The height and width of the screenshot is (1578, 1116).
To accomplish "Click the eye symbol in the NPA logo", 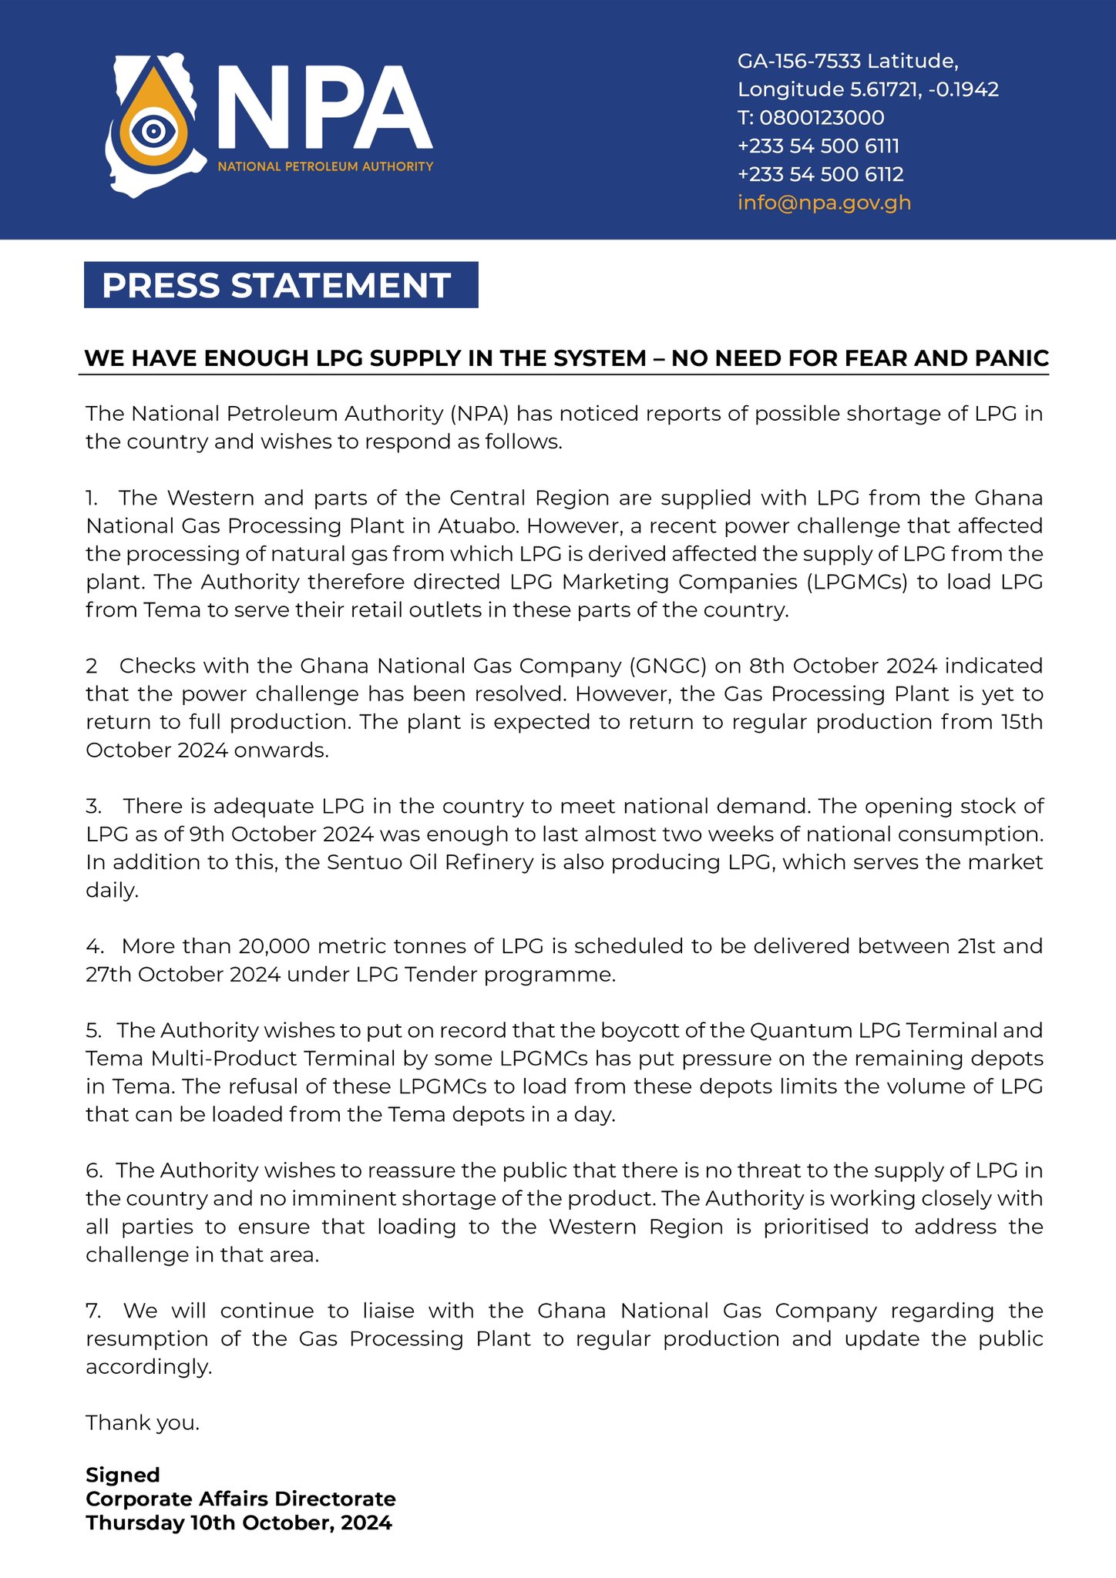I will coord(153,130).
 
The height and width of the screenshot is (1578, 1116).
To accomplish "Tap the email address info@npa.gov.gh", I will coord(824,203).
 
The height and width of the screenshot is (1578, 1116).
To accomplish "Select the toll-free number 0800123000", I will coord(822,118).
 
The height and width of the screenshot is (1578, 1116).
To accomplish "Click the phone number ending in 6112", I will coord(820,174).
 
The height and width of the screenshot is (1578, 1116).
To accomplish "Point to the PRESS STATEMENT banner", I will coord(281,285).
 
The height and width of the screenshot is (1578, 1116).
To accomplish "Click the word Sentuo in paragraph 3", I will coord(362,862).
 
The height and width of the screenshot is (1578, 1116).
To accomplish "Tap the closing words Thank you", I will coord(143,1422).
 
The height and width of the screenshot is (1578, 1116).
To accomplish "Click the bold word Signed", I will coord(123,1475).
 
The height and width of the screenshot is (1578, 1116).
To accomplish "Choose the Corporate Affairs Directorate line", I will coord(240,1499).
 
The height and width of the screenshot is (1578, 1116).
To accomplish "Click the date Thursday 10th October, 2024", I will coord(239,1523).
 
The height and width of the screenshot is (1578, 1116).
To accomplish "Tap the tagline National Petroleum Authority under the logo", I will coord(325,166).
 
